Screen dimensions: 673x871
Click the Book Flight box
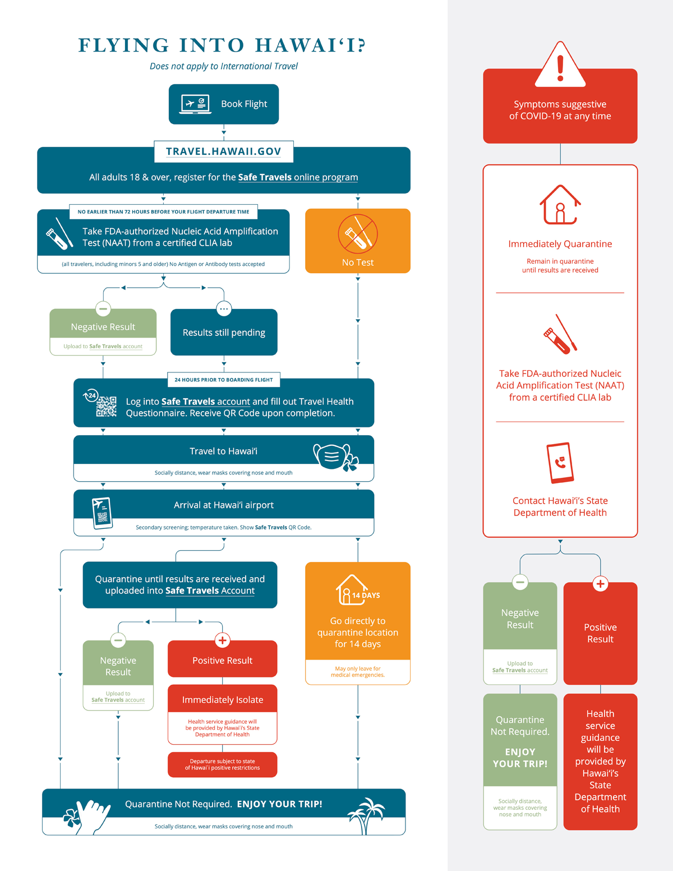[224, 104]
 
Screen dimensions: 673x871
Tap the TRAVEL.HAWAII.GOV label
[224, 151]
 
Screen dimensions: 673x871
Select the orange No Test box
[358, 241]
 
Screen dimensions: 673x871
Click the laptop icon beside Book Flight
[195, 104]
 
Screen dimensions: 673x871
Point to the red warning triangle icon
[560, 65]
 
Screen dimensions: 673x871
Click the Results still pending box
[224, 332]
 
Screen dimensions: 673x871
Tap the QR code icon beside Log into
[106, 407]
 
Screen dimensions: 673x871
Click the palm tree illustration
[366, 815]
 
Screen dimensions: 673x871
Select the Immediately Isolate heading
[223, 700]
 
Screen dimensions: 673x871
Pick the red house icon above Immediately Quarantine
[560, 204]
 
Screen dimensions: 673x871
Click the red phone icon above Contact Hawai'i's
[560, 463]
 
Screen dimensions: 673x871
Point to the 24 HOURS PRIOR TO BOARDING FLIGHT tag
[224, 380]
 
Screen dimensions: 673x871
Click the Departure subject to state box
[223, 764]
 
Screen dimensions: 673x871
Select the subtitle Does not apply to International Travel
[224, 66]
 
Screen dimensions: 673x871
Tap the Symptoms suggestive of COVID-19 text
[560, 110]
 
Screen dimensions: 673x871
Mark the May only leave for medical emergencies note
[358, 672]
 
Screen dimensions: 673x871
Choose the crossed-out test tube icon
[358, 234]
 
